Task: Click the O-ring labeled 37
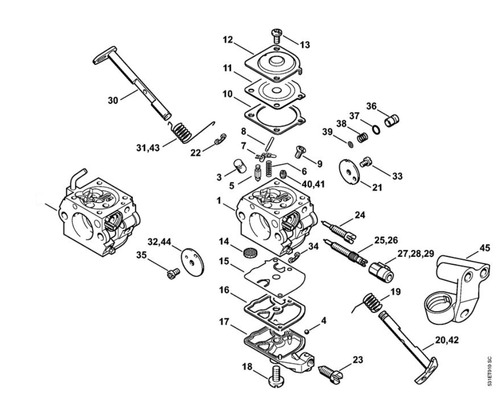pos(376,130)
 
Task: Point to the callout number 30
pos(113,100)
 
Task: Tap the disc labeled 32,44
pos(193,260)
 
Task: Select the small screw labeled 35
pos(173,273)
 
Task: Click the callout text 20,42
pos(447,340)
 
